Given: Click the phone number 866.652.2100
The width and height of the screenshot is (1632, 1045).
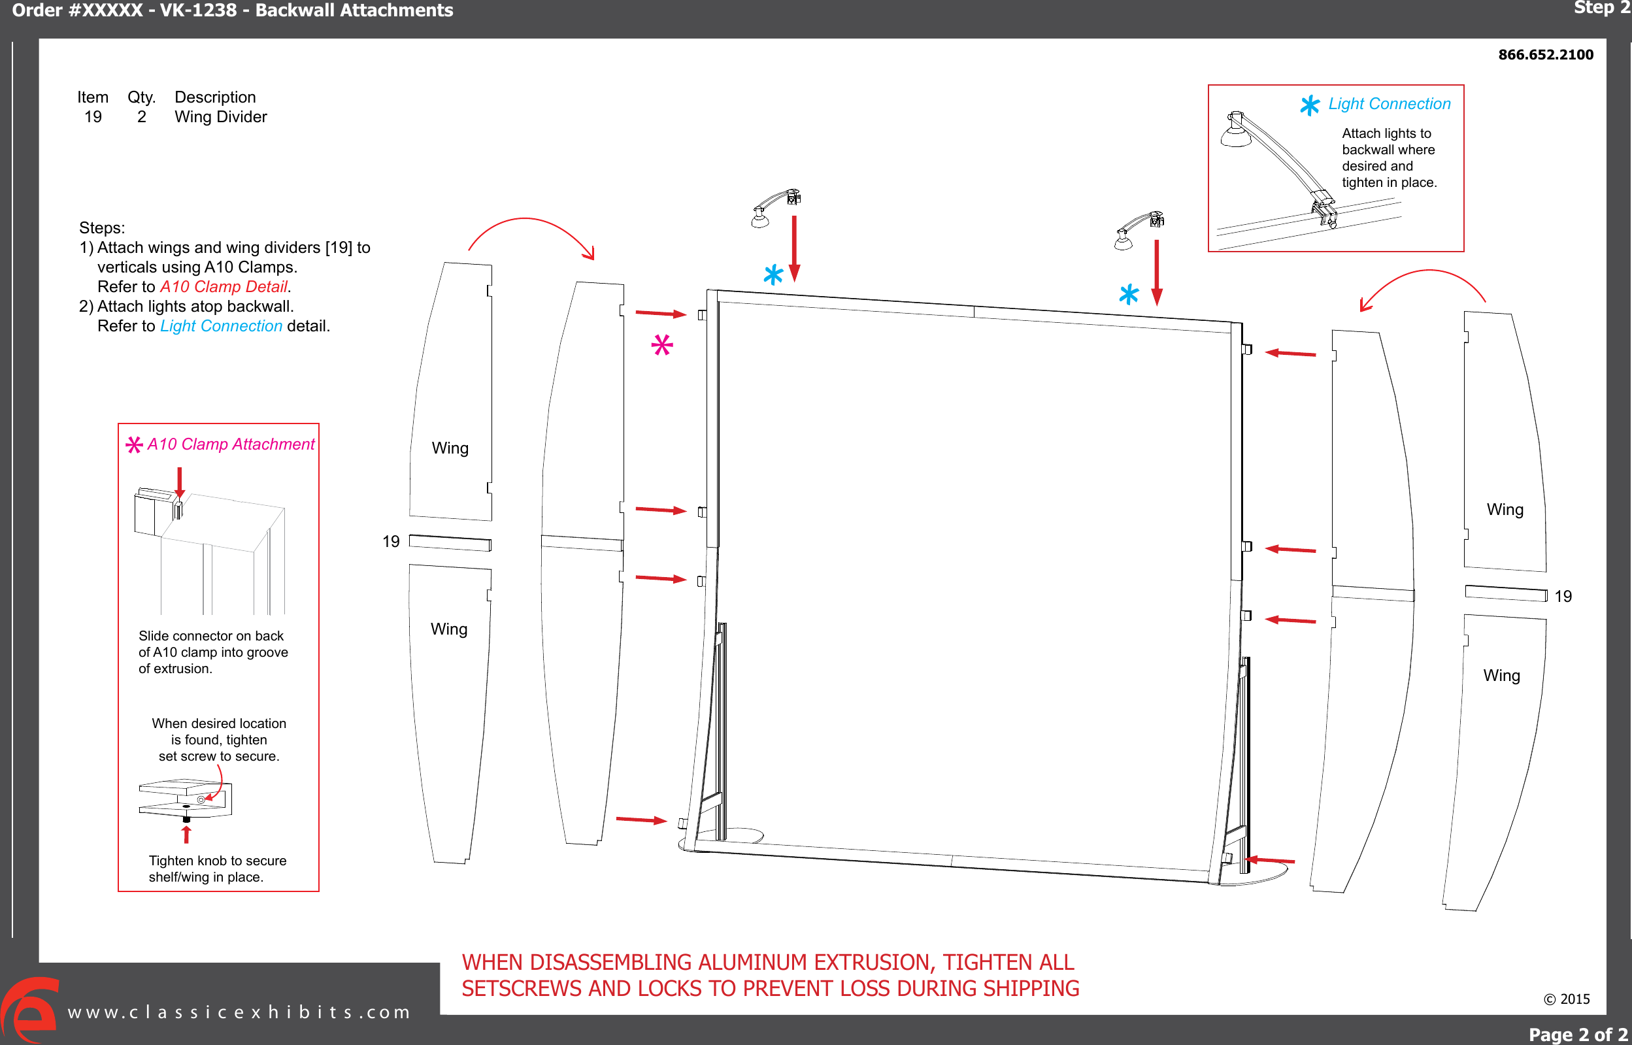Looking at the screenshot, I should coord(1545,55).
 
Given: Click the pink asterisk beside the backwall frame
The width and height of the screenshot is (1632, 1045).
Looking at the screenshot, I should coord(661,346).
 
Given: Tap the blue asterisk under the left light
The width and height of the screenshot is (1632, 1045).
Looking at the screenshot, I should coord(773,275).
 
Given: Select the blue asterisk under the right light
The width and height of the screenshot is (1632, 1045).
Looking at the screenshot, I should coord(1129,295).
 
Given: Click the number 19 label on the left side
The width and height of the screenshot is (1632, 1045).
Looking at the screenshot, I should coord(391,542).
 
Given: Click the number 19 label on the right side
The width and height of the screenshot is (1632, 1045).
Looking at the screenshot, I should coord(1563,597).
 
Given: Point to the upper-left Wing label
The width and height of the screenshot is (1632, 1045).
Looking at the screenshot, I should coord(450,448).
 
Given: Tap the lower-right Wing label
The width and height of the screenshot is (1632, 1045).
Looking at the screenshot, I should coord(1501,676).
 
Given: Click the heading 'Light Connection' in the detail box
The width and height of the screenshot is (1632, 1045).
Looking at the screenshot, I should coord(1389,104).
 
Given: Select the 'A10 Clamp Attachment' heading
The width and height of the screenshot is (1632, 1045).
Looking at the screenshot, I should coord(231,444).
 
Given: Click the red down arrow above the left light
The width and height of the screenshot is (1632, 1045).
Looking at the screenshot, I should coord(794,248).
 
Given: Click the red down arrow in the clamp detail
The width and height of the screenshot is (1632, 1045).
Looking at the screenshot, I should coord(179,482).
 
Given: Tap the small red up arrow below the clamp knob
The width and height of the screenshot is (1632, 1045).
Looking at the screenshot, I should coord(187,834).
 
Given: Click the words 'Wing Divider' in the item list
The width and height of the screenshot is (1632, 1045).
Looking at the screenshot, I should coord(220,117).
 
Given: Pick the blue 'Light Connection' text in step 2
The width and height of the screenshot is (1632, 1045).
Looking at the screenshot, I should coord(221,326).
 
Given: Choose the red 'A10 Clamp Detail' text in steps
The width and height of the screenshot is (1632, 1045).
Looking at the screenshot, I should coord(224,287).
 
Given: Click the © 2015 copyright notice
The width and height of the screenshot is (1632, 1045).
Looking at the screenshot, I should coord(1566,999).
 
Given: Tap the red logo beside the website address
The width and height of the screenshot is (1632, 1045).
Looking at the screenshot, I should coord(29,1010).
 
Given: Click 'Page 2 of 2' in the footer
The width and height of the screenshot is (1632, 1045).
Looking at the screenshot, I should coord(1577,1035).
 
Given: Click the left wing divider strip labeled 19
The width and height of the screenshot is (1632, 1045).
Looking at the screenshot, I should coord(450,543).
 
